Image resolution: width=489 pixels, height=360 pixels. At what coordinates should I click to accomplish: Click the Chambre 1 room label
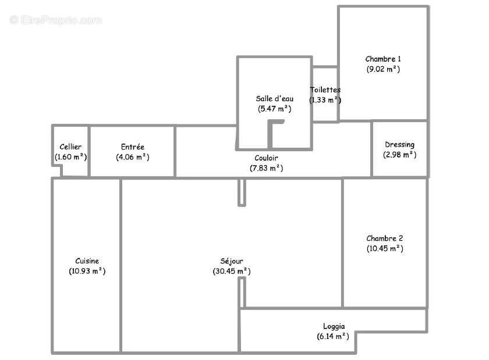383,59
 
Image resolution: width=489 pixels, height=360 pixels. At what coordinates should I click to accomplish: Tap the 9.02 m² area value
383,69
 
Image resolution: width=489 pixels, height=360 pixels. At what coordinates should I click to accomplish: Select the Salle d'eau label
274,98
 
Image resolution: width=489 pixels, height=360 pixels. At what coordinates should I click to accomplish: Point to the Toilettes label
325,90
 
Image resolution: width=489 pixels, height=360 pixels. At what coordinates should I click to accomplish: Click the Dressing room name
399,144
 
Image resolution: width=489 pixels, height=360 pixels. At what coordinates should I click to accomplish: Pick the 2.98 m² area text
399,155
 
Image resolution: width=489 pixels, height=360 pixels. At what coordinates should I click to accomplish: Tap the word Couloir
266,158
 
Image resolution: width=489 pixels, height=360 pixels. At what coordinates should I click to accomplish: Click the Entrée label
132,147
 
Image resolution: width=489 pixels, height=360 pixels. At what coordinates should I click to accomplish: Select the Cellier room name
70,147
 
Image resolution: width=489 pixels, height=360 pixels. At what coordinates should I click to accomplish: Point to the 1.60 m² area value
70,157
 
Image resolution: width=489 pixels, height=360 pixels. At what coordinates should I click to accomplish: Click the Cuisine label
87,261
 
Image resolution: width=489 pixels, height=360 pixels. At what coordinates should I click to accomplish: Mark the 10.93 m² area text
87,271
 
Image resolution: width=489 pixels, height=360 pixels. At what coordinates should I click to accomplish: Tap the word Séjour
232,261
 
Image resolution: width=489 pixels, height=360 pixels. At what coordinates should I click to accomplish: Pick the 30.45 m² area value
232,271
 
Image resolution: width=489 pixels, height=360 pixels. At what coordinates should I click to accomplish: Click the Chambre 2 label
384,238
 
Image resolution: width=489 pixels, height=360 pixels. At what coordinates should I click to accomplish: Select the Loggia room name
334,326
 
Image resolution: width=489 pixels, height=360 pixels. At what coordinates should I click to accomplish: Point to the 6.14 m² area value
329,336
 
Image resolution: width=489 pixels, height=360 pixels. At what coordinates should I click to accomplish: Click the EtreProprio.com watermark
56,20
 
